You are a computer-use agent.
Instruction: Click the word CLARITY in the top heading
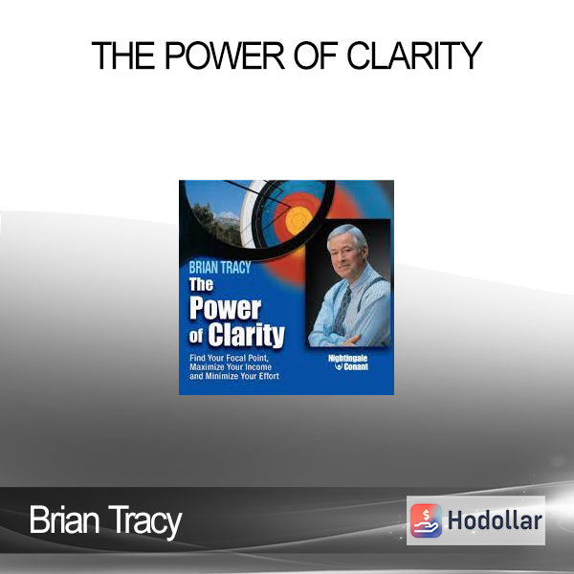(414, 55)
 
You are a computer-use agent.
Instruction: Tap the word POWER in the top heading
(225, 55)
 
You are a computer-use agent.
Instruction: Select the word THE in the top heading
(123, 55)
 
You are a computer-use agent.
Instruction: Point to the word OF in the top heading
(316, 55)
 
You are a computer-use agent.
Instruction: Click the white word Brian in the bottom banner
(64, 519)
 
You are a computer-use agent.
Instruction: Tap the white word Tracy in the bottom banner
(145, 521)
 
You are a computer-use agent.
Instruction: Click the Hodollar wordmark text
(495, 520)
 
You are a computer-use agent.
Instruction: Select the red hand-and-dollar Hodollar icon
(426, 520)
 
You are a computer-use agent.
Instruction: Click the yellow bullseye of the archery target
(298, 220)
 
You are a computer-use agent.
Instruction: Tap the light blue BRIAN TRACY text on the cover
(220, 268)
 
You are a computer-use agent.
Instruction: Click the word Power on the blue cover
(226, 308)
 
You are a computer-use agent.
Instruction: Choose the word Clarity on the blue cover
(247, 335)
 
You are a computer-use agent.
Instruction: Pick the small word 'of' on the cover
(196, 336)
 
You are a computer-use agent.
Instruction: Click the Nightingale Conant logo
(348, 363)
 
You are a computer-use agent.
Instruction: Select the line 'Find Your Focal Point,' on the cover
(230, 358)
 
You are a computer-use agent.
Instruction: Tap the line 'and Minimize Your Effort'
(234, 376)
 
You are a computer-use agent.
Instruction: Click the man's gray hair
(347, 234)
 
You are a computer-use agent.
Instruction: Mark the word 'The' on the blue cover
(201, 284)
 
